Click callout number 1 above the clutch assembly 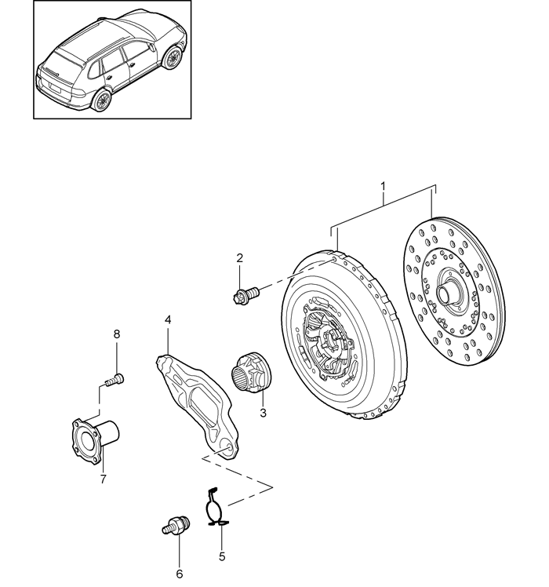click(x=383, y=186)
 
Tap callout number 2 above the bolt click(x=239, y=257)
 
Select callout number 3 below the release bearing click(x=263, y=414)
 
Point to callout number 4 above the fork click(x=168, y=319)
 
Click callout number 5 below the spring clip click(x=222, y=556)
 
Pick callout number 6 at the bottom click(x=180, y=574)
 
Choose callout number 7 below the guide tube click(x=104, y=479)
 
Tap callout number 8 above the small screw click(x=117, y=334)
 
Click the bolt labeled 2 click(x=245, y=293)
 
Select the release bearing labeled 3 click(x=252, y=372)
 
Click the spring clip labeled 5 click(x=216, y=506)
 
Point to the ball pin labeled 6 click(x=176, y=525)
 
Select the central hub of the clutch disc click(x=446, y=291)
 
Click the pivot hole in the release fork click(x=227, y=449)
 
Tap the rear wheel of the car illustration click(x=101, y=100)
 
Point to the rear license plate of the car click(x=55, y=89)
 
